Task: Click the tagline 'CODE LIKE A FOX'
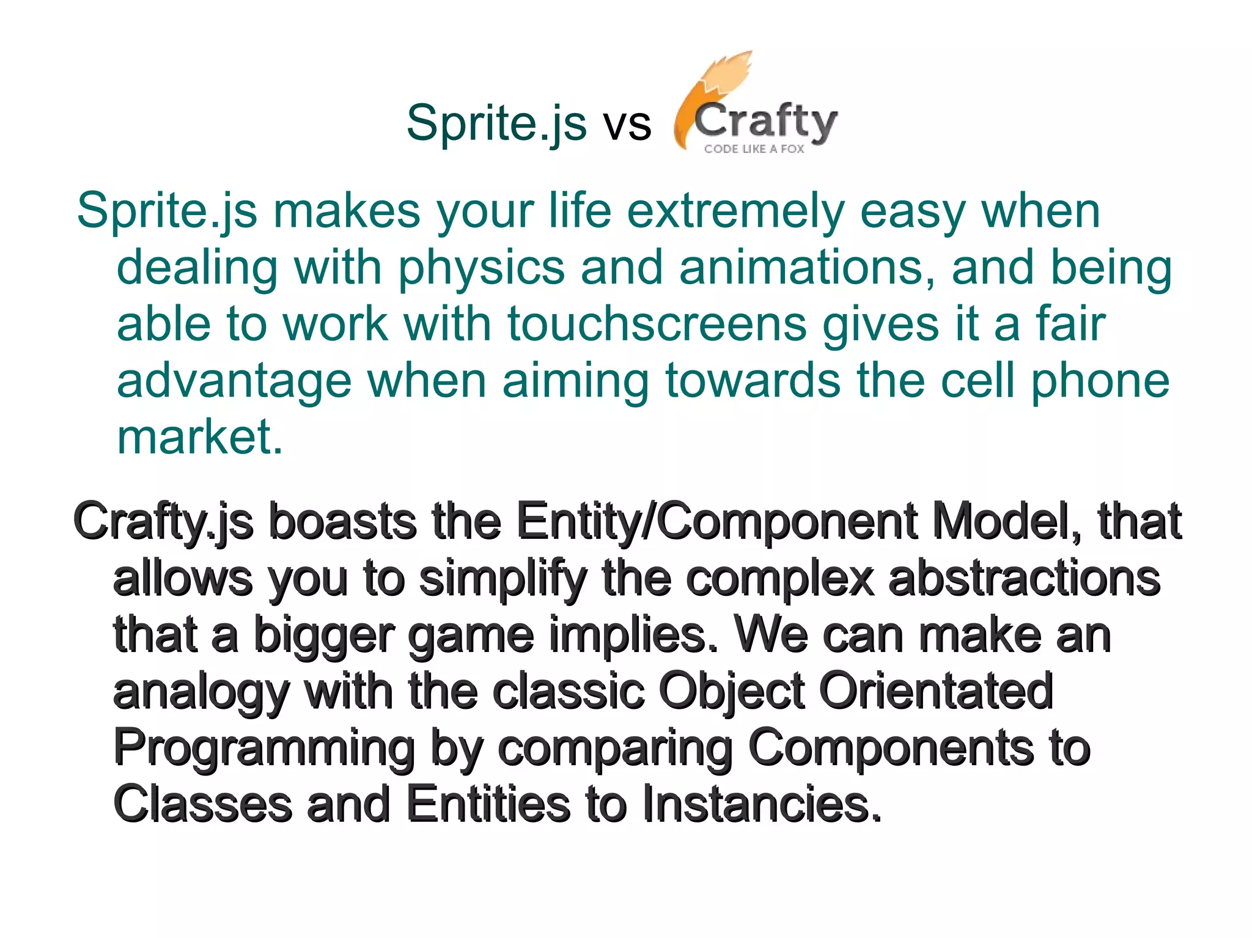[754, 148]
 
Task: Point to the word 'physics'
[481, 269]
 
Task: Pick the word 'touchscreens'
[657, 324]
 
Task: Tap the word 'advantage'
[234, 381]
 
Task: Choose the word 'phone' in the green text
[1100, 381]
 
